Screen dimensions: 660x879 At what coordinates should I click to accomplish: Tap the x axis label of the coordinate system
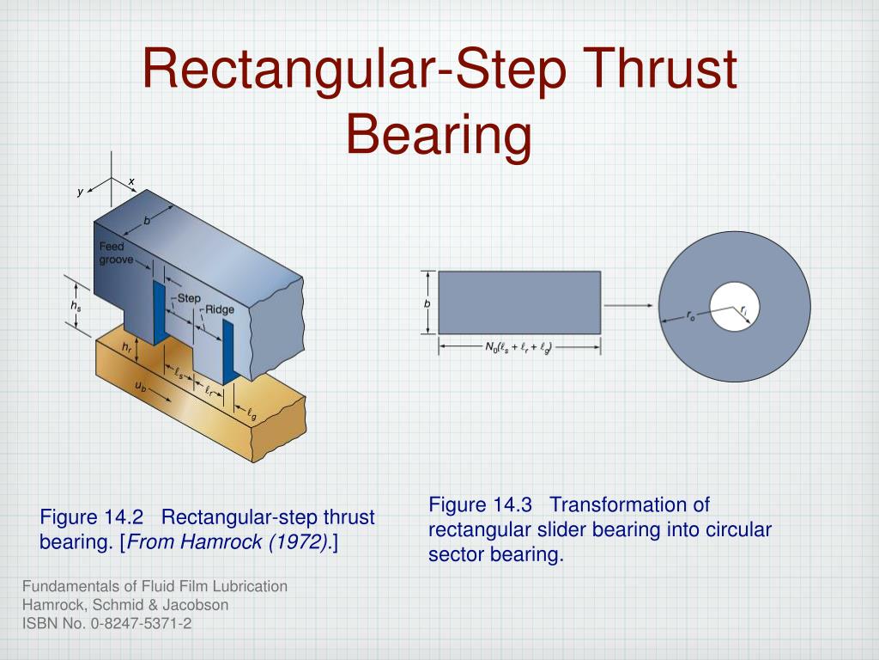131,180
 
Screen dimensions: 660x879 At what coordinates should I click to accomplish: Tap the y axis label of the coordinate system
80,192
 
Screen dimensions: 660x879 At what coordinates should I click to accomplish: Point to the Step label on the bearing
188,297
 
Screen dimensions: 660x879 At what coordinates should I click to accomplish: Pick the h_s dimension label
76,306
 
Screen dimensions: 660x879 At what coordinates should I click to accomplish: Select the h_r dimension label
127,347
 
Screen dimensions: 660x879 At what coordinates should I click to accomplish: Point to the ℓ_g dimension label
252,416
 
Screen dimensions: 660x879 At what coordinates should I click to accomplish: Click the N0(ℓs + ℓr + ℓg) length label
518,347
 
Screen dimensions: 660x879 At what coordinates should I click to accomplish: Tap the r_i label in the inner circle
745,309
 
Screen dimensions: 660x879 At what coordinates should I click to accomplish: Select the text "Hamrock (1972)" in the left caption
280,542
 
